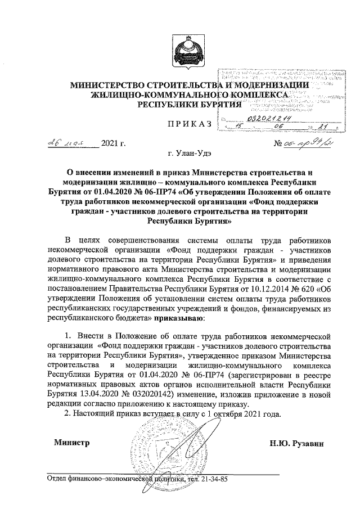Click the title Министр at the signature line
point(71,443)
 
